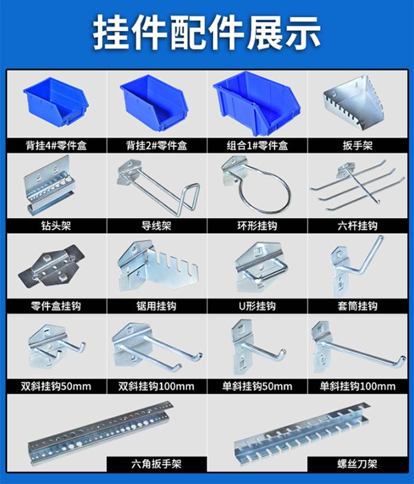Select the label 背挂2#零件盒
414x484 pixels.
(157, 145)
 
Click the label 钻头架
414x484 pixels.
(55, 225)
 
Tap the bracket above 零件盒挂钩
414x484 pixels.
(55, 268)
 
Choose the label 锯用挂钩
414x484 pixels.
(157, 305)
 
